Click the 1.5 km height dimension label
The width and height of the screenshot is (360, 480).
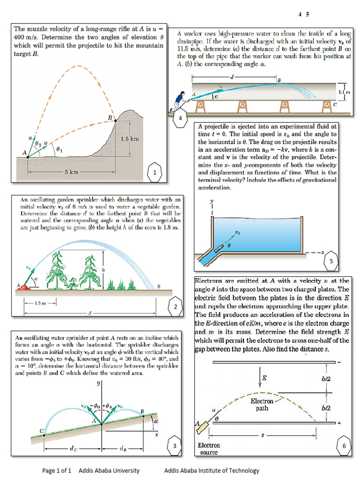pos(130,139)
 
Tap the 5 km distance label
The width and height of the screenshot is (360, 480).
pos(71,172)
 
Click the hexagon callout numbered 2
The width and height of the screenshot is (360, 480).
pos(175,307)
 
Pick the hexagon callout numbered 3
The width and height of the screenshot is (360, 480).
pos(175,446)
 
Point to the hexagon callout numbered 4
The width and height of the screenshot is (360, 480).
pos(180,118)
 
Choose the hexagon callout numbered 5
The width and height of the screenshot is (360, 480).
pos(331,262)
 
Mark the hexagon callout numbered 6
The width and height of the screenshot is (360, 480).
pos(344,446)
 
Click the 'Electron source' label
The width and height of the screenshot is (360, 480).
pos(209,449)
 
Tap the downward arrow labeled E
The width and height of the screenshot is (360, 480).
pos(259,378)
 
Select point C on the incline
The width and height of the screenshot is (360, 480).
pos(44,435)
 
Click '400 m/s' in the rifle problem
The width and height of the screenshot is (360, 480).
pos(27,37)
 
